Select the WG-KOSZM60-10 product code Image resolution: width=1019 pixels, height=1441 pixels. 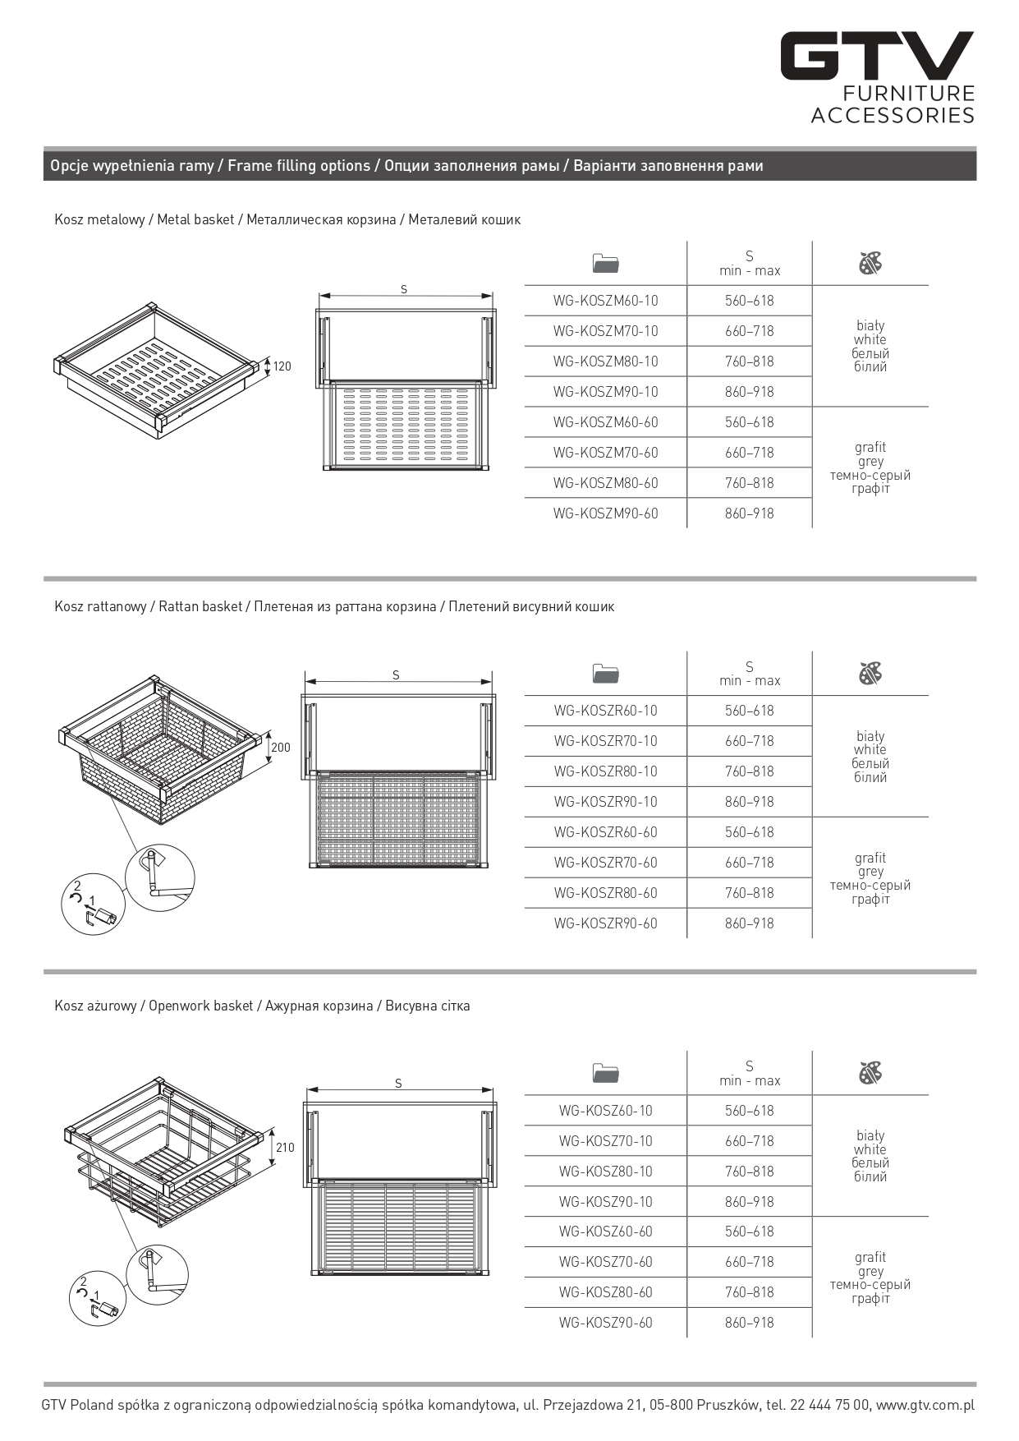(x=605, y=301)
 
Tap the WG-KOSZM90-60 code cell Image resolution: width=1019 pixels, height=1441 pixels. (x=605, y=513)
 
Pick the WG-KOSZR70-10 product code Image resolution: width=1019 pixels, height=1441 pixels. (x=605, y=741)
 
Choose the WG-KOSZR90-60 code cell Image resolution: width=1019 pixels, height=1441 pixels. (x=605, y=923)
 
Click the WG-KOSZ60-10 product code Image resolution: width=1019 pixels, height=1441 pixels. (x=605, y=1111)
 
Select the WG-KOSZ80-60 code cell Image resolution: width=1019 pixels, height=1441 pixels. (x=605, y=1292)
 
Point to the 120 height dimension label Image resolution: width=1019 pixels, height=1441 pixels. (x=282, y=366)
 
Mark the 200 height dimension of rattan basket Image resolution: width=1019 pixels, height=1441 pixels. (x=281, y=748)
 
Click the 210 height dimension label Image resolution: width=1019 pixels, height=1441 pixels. (x=284, y=1148)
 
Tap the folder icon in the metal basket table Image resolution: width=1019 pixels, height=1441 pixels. (x=605, y=264)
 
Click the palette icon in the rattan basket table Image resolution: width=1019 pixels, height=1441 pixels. (x=870, y=674)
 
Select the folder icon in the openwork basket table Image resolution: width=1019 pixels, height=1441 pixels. (x=605, y=1073)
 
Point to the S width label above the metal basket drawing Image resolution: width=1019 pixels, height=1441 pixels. (x=404, y=289)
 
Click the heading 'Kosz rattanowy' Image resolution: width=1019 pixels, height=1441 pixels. (x=100, y=606)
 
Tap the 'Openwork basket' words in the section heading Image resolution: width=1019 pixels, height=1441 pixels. (x=200, y=1006)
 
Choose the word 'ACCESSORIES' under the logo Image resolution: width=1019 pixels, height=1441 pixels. (x=893, y=115)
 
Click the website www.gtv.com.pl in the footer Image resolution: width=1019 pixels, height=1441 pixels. (x=925, y=1405)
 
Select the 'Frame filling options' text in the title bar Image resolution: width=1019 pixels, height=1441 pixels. (x=299, y=166)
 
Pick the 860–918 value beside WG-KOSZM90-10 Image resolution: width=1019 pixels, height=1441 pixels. (x=749, y=392)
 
